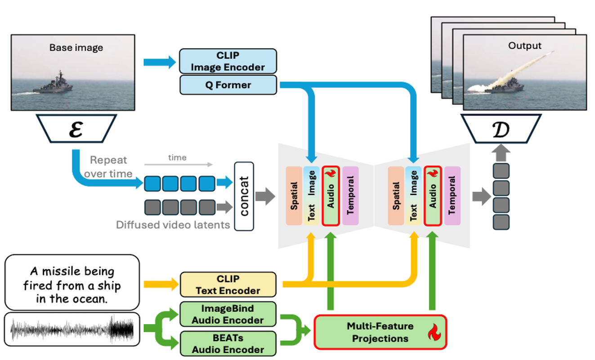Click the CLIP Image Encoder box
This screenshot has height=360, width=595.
point(228,61)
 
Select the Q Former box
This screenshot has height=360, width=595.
point(228,85)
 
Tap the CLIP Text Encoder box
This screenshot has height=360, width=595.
point(228,284)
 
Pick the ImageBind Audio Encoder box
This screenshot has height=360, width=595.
point(228,314)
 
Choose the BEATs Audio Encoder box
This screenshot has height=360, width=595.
point(228,343)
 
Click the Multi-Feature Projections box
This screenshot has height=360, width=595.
point(380,332)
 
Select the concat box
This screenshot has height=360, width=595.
point(244,196)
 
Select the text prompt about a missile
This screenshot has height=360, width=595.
point(72,282)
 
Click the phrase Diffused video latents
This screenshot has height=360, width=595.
point(173,225)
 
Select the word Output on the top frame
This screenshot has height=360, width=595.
point(525,45)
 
